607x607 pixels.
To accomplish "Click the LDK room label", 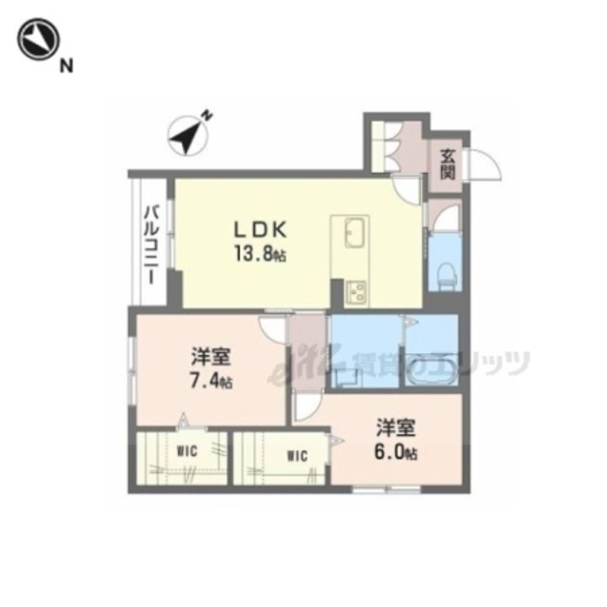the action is pyautogui.click(x=261, y=229).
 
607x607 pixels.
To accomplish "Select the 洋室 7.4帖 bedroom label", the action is pyautogui.click(x=211, y=368).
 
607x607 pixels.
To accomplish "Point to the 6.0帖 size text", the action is pyautogui.click(x=395, y=452).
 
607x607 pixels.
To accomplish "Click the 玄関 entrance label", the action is pyautogui.click(x=448, y=164).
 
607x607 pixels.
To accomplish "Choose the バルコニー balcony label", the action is pyautogui.click(x=152, y=245).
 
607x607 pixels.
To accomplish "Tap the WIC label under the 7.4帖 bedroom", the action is pyautogui.click(x=187, y=451).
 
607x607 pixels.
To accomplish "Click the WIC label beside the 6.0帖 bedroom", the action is pyautogui.click(x=298, y=456).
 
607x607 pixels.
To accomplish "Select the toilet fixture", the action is pyautogui.click(x=446, y=274).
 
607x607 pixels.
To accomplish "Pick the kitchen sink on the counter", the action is pyautogui.click(x=354, y=233).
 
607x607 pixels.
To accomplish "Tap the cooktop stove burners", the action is pyautogui.click(x=356, y=291).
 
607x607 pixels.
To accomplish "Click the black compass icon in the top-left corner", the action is pyautogui.click(x=38, y=39).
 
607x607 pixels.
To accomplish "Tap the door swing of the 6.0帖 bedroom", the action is pyautogui.click(x=309, y=406).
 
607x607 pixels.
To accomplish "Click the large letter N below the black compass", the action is pyautogui.click(x=67, y=67).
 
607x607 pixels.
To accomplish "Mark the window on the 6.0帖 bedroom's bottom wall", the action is pyautogui.click(x=386, y=490).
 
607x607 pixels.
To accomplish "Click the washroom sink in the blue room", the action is pyautogui.click(x=346, y=377).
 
